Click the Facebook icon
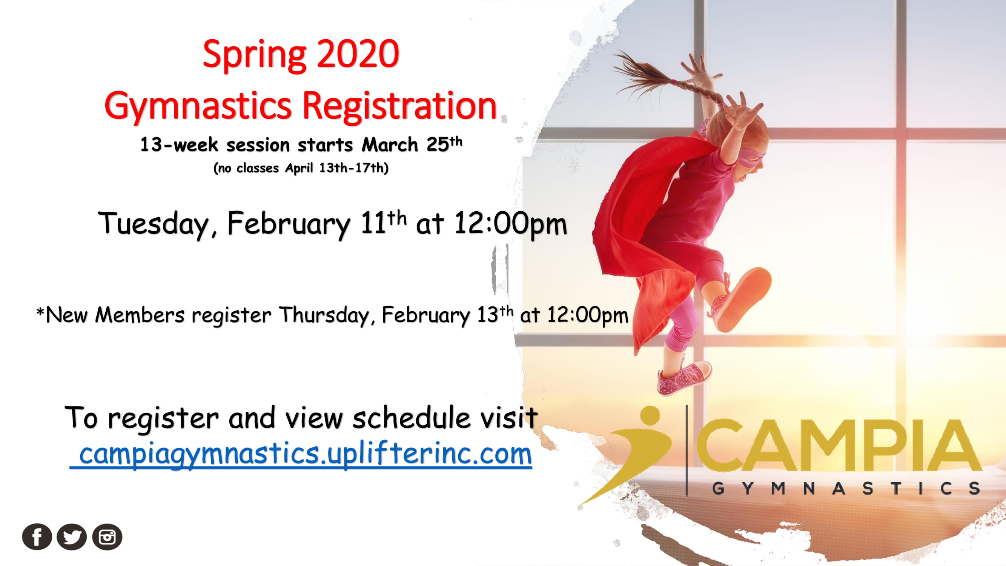click(x=37, y=537)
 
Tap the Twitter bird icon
click(x=72, y=537)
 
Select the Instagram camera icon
click(x=107, y=537)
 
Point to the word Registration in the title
click(x=399, y=106)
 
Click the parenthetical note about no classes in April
click(x=301, y=168)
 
